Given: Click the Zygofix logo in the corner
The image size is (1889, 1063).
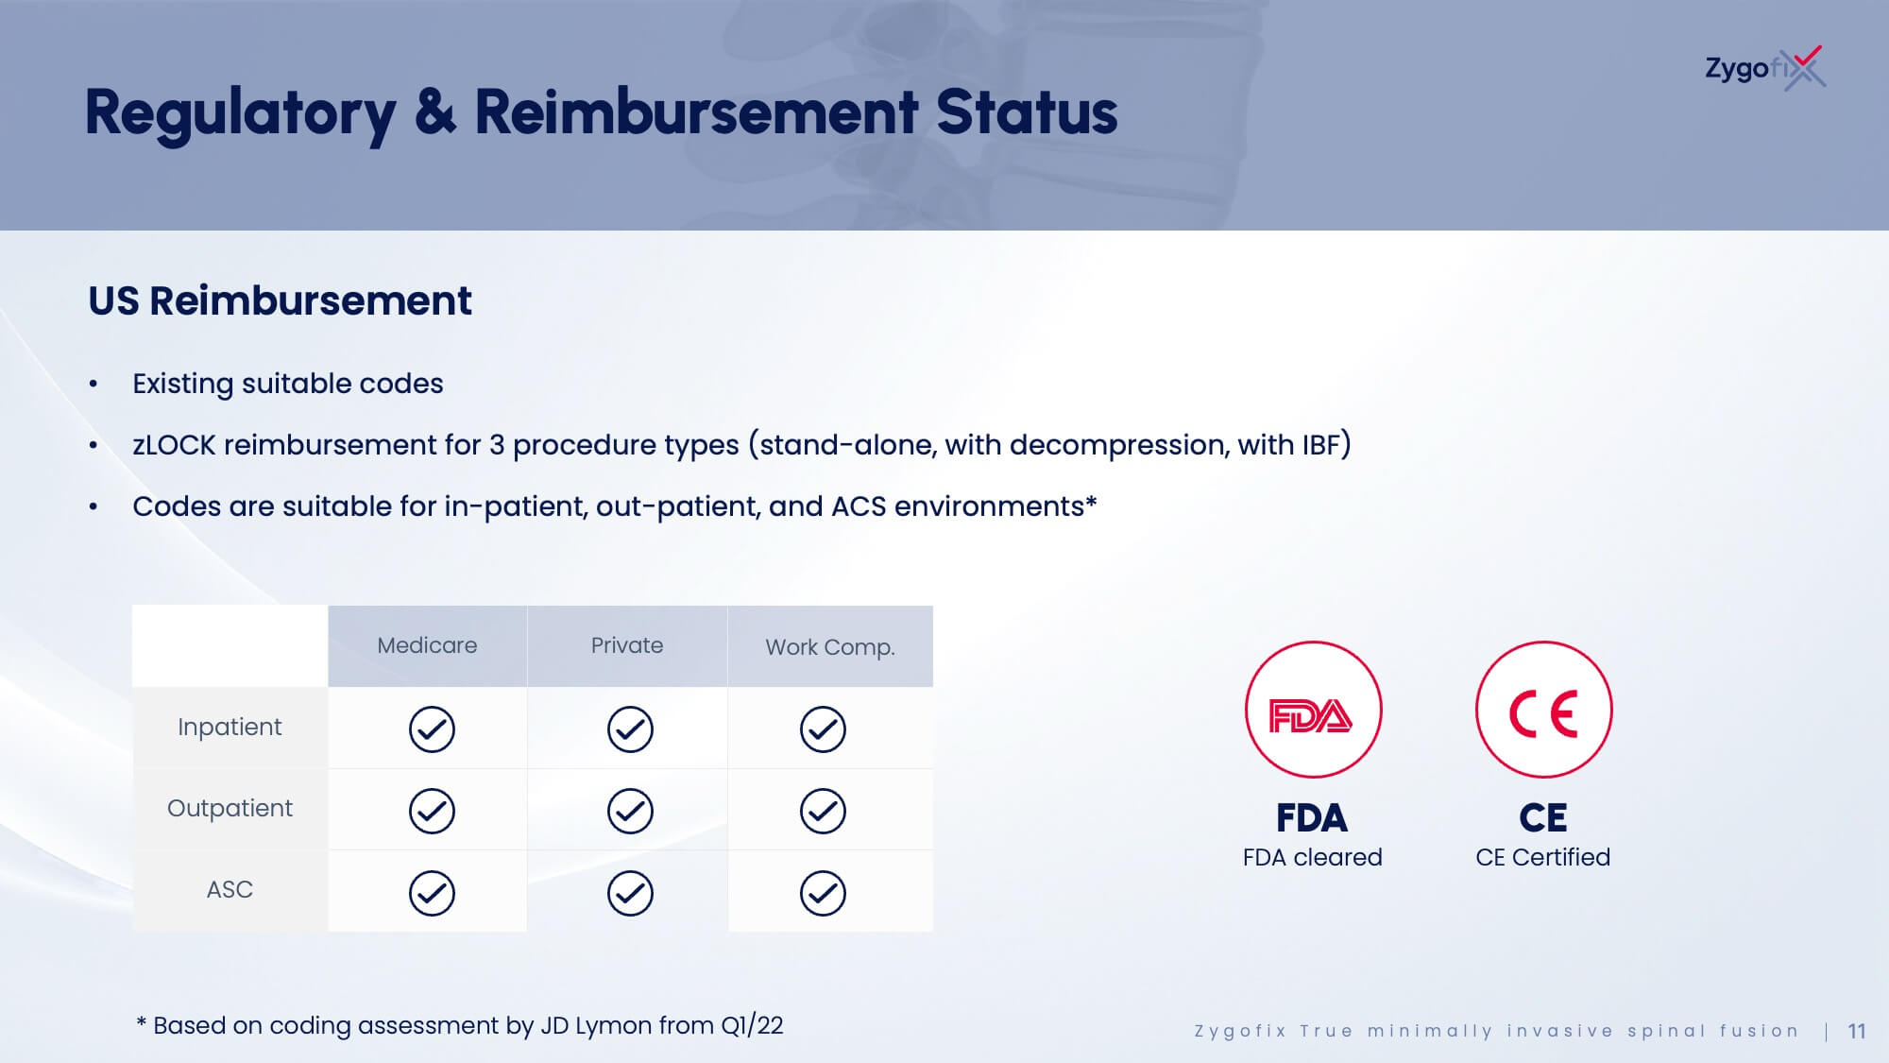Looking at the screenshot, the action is [x=1764, y=68].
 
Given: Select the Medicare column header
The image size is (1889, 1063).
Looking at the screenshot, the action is [x=427, y=645].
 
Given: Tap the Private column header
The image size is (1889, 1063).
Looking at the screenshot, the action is [x=627, y=645].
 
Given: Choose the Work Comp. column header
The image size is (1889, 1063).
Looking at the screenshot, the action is [x=830, y=647].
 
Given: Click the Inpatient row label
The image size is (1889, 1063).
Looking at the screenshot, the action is [x=230, y=727].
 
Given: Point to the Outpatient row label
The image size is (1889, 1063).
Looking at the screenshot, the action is [x=230, y=808].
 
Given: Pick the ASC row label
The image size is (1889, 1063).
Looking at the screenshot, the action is [x=230, y=889].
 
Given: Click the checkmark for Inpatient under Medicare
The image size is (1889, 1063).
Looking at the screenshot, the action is [x=432, y=729].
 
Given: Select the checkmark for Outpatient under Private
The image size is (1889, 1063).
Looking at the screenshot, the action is [x=630, y=811].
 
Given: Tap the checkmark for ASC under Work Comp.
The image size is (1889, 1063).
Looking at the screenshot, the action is [x=823, y=893].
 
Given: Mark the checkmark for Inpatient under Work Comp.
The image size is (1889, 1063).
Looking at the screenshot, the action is [x=823, y=729].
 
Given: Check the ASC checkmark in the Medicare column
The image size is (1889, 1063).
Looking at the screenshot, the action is [x=432, y=893].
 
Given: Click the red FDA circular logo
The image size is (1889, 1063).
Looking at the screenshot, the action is [x=1313, y=710].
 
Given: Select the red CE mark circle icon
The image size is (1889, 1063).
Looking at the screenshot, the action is [x=1543, y=710].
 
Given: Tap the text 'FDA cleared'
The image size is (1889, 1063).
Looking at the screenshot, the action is [x=1313, y=857].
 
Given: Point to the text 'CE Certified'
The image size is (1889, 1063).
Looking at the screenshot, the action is [x=1543, y=857].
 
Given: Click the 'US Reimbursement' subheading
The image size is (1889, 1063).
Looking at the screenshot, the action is [x=280, y=301].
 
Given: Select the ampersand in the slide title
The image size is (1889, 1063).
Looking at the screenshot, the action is [x=434, y=111].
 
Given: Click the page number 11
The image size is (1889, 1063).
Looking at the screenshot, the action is [x=1857, y=1031].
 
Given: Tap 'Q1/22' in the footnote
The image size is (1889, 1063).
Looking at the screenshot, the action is [x=752, y=1025].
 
